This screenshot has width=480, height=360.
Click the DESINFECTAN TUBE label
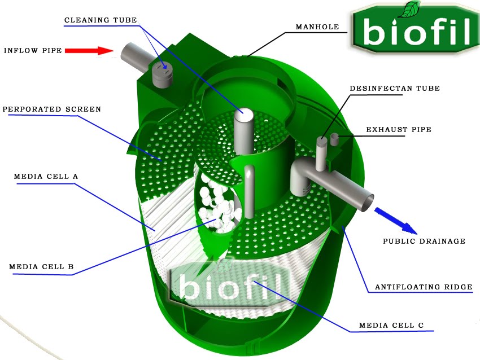click(395, 89)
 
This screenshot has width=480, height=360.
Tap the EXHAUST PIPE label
click(399, 130)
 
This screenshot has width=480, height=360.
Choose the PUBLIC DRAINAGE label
click(424, 242)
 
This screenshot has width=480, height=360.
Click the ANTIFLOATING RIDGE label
click(424, 287)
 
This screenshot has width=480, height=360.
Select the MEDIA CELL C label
click(396, 326)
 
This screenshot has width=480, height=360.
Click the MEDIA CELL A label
click(46, 177)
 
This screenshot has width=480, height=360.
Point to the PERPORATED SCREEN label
click(52, 109)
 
